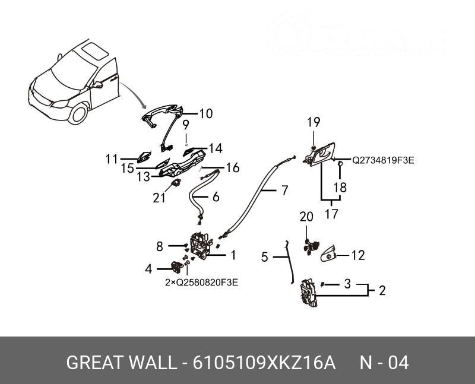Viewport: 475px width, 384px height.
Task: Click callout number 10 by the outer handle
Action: [x=205, y=113]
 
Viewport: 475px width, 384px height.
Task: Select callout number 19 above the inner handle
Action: [x=313, y=123]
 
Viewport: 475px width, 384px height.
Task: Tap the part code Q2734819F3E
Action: [x=383, y=160]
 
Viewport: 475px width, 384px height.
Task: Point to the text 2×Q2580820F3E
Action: [x=201, y=283]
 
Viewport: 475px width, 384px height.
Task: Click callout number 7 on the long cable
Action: [x=284, y=191]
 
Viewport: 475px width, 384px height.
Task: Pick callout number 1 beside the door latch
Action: [x=233, y=255]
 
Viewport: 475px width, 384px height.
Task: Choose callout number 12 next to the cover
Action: [x=357, y=256]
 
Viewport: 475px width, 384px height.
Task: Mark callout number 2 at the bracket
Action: [x=382, y=291]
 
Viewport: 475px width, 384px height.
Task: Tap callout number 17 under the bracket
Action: [x=331, y=214]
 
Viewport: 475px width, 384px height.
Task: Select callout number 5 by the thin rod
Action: [x=265, y=257]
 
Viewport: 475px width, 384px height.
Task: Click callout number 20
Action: [x=306, y=218]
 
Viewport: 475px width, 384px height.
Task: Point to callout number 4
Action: [x=148, y=269]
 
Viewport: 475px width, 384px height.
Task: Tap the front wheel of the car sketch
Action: [x=77, y=113]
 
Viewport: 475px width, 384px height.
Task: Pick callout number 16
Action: [x=232, y=168]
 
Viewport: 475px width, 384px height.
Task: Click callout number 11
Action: [x=112, y=158]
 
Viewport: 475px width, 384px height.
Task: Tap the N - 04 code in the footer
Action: [x=384, y=363]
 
